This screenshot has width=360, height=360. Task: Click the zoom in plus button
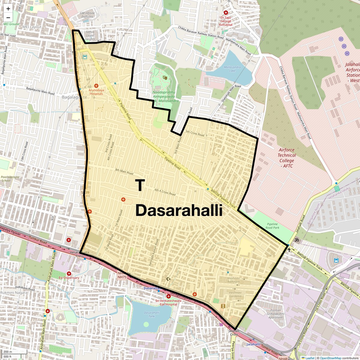pos(8,9)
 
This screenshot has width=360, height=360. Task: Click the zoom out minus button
pos(8,17)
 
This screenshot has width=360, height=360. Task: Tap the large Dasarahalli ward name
pos(179,211)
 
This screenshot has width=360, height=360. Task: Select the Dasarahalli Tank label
pos(149,314)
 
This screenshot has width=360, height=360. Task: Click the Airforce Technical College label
pos(286,158)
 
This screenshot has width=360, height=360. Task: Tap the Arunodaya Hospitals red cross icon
pos(96,86)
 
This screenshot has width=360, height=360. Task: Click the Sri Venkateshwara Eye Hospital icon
pos(169,296)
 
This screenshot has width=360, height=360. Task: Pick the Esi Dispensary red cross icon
pos(69,274)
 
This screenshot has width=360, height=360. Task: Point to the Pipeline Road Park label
pos(272,226)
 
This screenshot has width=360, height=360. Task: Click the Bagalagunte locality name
pos(74,97)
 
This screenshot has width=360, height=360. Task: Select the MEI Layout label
pos(32,27)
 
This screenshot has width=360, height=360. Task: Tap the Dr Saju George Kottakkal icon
pos(226,13)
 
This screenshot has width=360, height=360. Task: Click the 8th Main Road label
pos(124,172)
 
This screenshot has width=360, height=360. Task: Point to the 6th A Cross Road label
pos(165,192)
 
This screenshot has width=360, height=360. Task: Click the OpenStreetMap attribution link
pos(330,358)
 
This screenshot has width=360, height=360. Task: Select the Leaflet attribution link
pos(309,358)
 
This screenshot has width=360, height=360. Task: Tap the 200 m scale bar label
pos(8,352)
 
